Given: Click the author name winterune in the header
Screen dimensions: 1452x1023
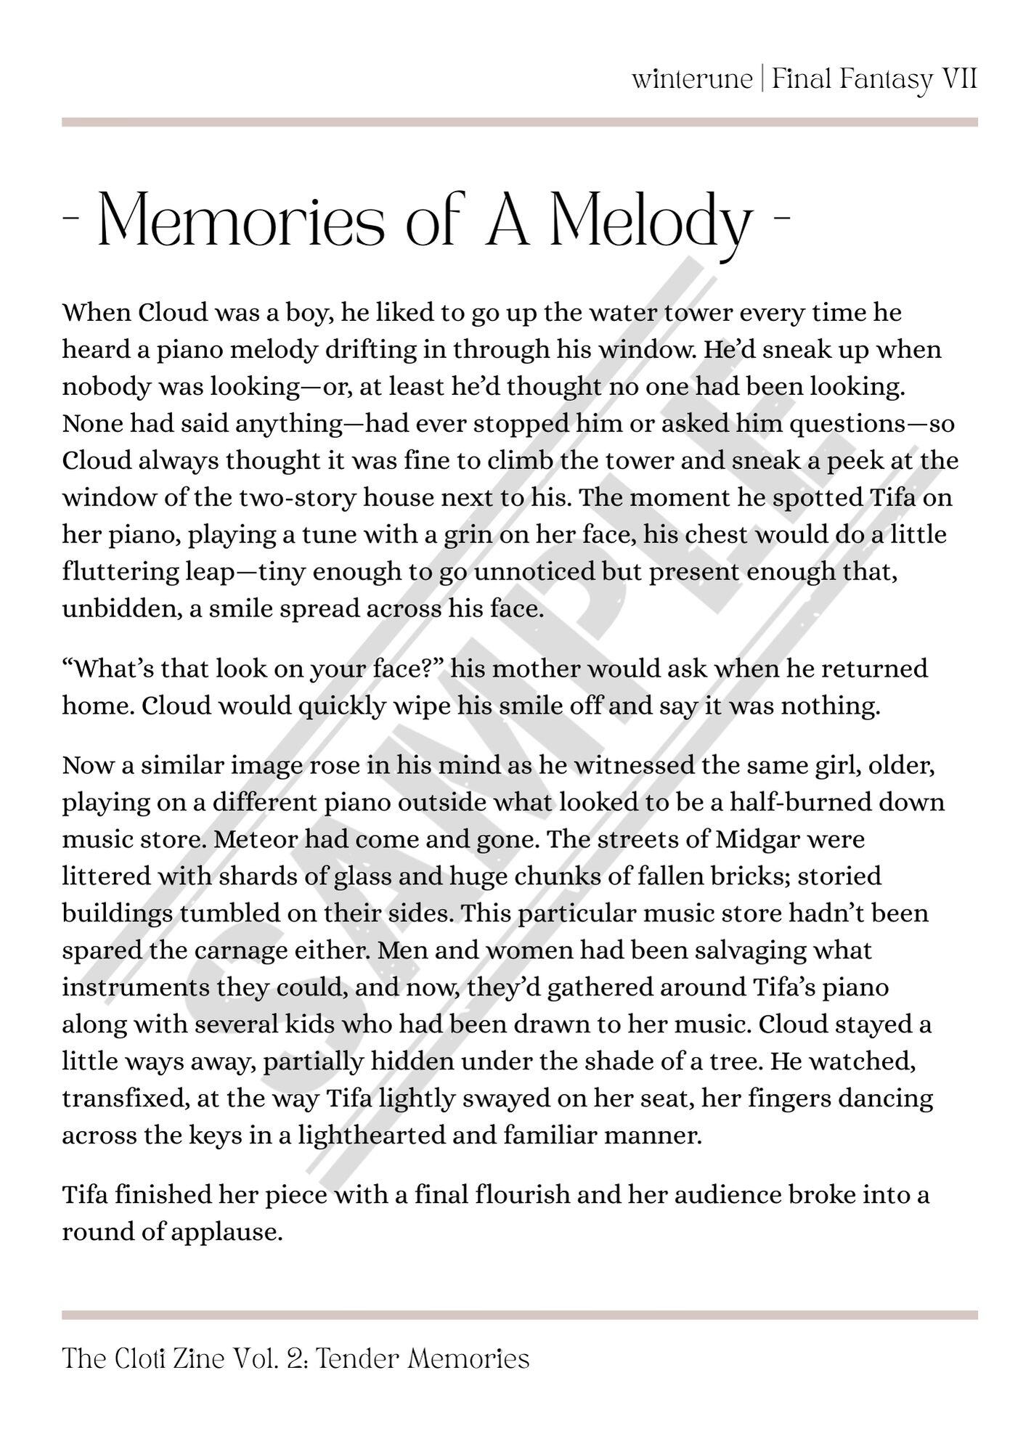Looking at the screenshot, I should [692, 78].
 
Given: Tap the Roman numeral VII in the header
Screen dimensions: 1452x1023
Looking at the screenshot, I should [958, 78].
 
